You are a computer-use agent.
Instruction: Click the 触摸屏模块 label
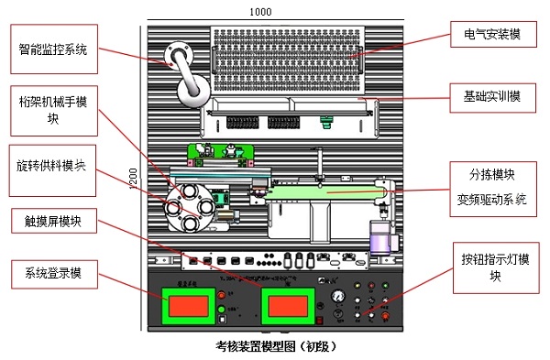click(x=52, y=221)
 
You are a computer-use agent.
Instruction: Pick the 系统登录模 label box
click(x=52, y=273)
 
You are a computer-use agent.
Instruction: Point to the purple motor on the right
click(x=380, y=241)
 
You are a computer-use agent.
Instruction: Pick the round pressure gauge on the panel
click(x=340, y=295)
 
